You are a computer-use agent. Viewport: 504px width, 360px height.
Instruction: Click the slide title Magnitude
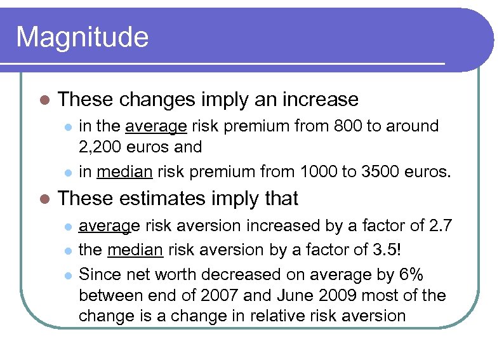coord(82,37)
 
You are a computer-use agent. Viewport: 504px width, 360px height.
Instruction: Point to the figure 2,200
coord(100,147)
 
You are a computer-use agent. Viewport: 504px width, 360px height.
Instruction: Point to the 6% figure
coord(410,274)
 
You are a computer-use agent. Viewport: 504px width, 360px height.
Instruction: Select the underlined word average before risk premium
coord(156,126)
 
